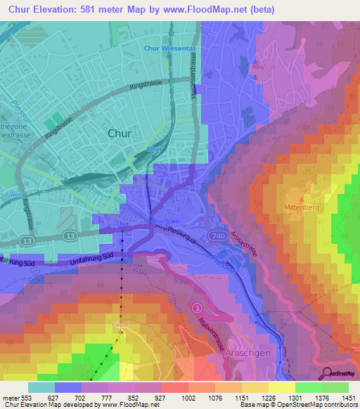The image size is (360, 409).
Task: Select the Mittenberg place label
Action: coord(303,207)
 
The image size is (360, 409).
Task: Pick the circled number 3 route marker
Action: coord(198,308)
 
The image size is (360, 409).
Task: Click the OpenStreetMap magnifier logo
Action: coord(328,373)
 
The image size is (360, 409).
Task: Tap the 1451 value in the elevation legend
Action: coord(348,398)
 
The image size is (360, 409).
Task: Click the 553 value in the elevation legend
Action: coord(28,398)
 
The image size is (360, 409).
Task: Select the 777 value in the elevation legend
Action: coord(108,398)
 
